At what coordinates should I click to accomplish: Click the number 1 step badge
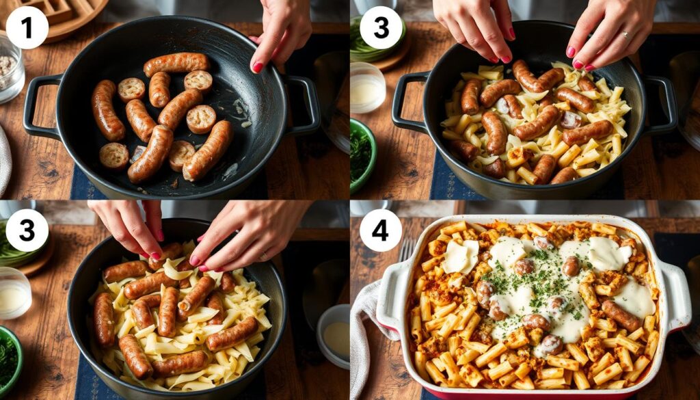point(27,27)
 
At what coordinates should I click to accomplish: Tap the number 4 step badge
point(380,230)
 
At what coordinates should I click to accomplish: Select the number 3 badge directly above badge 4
point(380,27)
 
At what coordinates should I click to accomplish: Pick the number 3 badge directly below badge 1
point(27,230)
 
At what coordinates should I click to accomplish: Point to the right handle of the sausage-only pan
point(303,105)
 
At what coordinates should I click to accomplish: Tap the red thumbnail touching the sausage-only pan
point(258,68)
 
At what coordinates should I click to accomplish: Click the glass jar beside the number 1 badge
point(10,70)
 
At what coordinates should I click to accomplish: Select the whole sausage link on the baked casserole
point(621,315)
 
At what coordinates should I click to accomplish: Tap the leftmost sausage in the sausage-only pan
point(107,110)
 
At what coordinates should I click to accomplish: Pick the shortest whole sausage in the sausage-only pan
point(159,90)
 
